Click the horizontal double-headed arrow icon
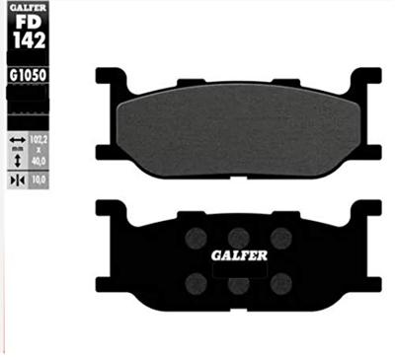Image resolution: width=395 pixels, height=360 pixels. [17, 141]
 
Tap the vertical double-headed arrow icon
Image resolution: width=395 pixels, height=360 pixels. [17, 160]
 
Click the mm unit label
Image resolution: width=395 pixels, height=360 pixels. [17, 151]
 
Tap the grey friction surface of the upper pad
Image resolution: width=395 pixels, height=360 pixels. [237, 128]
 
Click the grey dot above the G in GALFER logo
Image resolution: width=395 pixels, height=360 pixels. [196, 236]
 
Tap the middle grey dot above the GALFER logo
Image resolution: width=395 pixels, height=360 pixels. [238, 236]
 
